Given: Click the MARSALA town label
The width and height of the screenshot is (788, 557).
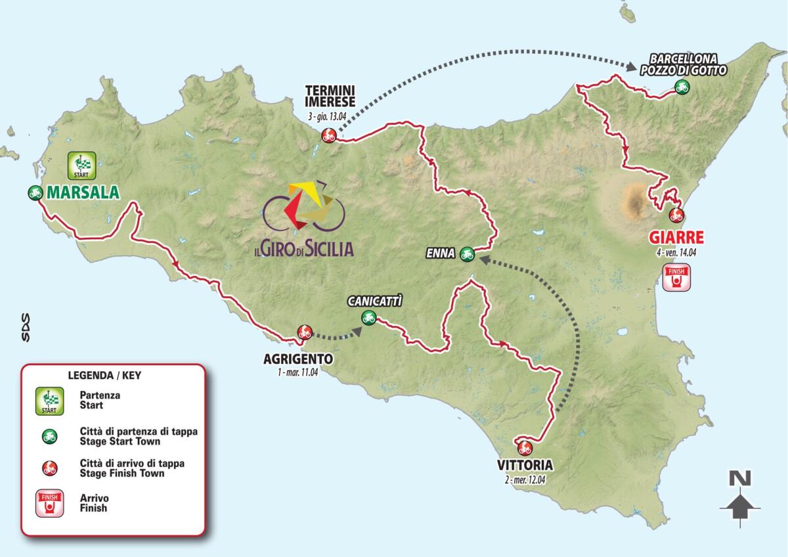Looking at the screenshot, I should (83, 193).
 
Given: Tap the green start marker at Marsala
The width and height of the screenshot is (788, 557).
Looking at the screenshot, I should (35, 193).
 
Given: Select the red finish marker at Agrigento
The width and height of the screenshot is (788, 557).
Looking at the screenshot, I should (303, 332).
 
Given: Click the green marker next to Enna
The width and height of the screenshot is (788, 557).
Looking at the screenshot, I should (467, 252).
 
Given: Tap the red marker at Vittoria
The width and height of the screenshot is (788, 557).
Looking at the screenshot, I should (523, 448).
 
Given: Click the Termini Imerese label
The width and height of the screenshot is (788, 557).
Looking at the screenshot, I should (330, 96).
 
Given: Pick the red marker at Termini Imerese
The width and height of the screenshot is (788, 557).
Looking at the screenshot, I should (328, 136).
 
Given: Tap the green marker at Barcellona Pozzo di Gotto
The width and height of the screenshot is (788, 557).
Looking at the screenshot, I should (681, 86).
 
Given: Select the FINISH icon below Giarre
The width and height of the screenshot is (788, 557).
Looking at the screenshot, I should (676, 278).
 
